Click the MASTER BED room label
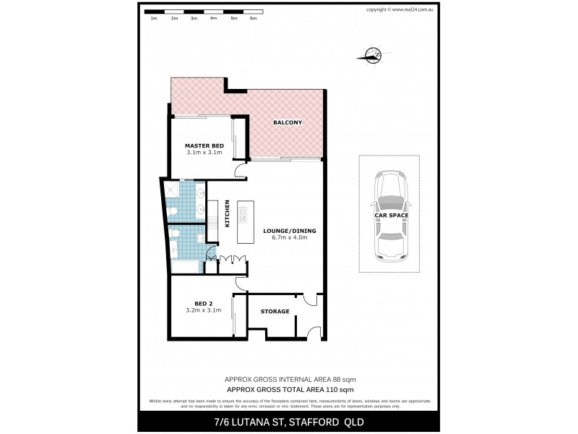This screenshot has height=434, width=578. [x=204, y=145]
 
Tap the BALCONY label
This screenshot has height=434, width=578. [x=287, y=123]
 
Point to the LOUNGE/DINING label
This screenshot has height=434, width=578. [x=289, y=231]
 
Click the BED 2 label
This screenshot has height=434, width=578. [x=203, y=303]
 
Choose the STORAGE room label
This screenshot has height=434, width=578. [x=275, y=312]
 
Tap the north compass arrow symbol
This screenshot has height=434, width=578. [x=373, y=54]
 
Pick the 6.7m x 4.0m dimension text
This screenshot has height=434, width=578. [x=289, y=238]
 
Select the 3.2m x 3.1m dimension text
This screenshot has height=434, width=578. [x=203, y=310]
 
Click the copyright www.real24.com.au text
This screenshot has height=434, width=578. [x=399, y=9]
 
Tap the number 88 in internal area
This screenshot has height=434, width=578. [x=335, y=379]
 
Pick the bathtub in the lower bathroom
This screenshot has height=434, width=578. [x=186, y=268]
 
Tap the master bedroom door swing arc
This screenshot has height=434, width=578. [x=238, y=171]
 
